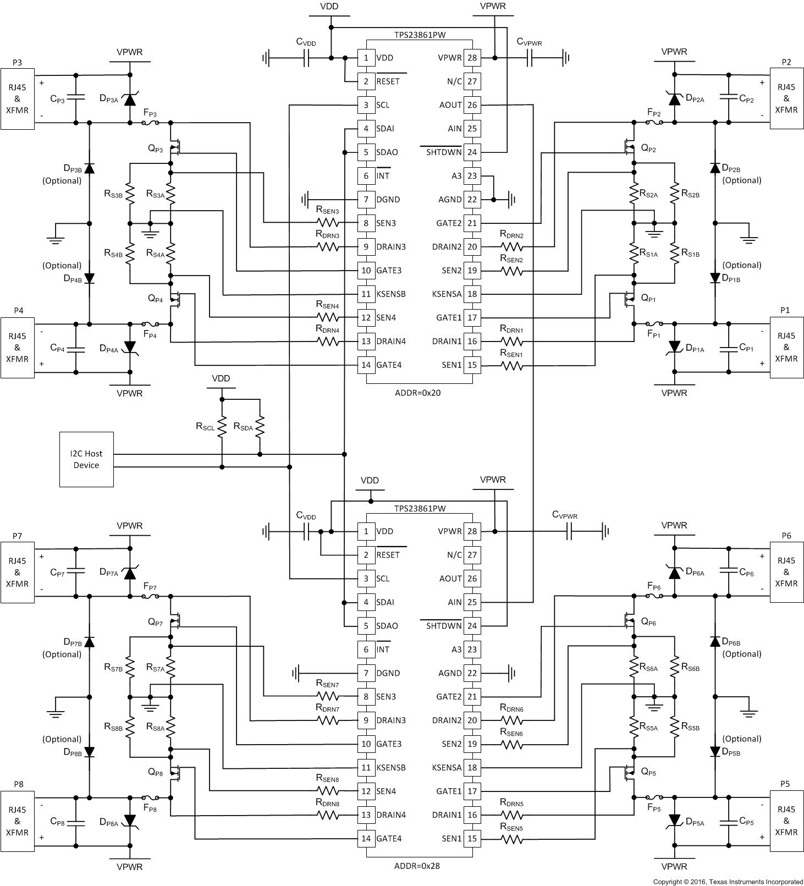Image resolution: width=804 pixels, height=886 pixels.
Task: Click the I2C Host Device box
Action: [x=86, y=459]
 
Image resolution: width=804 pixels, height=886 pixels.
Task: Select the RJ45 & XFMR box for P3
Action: [x=17, y=99]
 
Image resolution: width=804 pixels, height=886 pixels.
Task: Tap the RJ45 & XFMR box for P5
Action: [x=786, y=821]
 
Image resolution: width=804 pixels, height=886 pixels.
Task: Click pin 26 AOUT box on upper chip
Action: [x=472, y=105]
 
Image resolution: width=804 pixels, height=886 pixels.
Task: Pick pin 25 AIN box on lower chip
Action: [x=472, y=602]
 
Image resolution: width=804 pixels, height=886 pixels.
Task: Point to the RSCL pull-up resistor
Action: [x=222, y=426]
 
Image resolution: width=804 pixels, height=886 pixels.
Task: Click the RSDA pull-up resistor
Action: [x=260, y=426]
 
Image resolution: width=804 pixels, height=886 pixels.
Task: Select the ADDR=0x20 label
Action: [x=418, y=393]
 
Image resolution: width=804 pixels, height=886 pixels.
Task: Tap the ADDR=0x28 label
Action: [x=418, y=866]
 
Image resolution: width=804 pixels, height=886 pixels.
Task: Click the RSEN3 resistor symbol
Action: [x=328, y=223]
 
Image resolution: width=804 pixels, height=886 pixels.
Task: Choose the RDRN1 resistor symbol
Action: [x=511, y=342]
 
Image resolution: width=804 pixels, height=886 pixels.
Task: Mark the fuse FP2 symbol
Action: [x=654, y=122]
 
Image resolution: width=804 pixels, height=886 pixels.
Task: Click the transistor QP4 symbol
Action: [x=175, y=299]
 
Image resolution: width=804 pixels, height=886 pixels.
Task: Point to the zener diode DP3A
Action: [x=130, y=100]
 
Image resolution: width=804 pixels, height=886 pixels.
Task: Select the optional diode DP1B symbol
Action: [x=715, y=278]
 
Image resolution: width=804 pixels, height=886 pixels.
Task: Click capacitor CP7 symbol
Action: [x=76, y=571]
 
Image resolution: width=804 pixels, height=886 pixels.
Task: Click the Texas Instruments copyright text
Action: [x=728, y=882]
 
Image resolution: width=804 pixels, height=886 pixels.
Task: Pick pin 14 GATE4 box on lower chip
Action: [x=366, y=839]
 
